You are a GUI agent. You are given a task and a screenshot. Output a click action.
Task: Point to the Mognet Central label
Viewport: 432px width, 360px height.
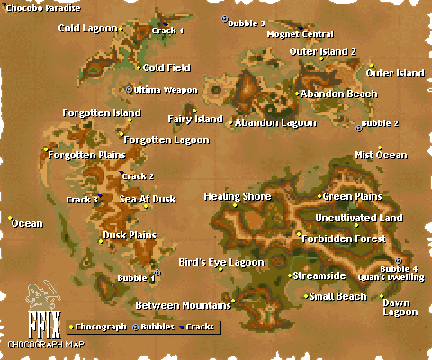pos(300,34)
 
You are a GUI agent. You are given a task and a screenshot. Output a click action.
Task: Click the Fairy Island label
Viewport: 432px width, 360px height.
pos(194,119)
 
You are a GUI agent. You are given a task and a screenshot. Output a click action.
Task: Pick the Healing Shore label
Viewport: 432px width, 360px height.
pos(238,196)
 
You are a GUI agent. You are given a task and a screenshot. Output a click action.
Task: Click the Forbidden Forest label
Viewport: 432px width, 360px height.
pos(345,238)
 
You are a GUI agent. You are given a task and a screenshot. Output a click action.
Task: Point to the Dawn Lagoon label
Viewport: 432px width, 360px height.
pos(400,307)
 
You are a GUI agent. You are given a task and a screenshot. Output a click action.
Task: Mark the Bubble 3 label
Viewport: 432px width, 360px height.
pos(247,22)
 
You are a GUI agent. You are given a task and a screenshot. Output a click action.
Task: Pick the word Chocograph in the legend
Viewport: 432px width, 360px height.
pos(101,326)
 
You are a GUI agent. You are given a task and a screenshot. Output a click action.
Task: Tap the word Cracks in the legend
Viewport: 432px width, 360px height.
pos(200,326)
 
